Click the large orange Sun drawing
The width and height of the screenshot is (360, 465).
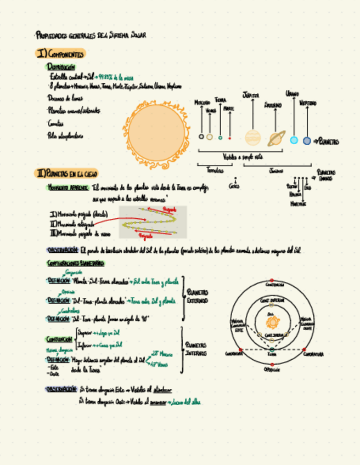[x=156, y=133]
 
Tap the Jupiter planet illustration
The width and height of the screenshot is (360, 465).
[x=253, y=137]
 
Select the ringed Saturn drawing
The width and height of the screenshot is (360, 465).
[x=276, y=138]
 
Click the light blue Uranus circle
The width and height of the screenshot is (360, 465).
[x=294, y=140]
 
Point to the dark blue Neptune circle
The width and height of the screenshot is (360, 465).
[x=307, y=141]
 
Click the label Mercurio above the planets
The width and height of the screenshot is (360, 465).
[x=203, y=103]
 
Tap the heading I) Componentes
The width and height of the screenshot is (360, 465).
[x=60, y=54]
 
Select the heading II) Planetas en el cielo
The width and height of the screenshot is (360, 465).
[x=66, y=173]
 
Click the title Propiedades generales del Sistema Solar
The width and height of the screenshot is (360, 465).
[x=91, y=36]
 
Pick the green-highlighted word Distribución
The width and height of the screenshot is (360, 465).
[x=61, y=66]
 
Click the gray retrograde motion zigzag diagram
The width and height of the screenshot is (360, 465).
[x=153, y=222]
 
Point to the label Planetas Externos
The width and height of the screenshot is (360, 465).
[x=198, y=296]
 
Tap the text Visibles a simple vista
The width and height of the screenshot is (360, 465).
[x=243, y=156]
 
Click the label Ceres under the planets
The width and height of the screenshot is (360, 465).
[x=234, y=186]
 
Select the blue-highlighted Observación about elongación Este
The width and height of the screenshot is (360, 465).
[x=61, y=389]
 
